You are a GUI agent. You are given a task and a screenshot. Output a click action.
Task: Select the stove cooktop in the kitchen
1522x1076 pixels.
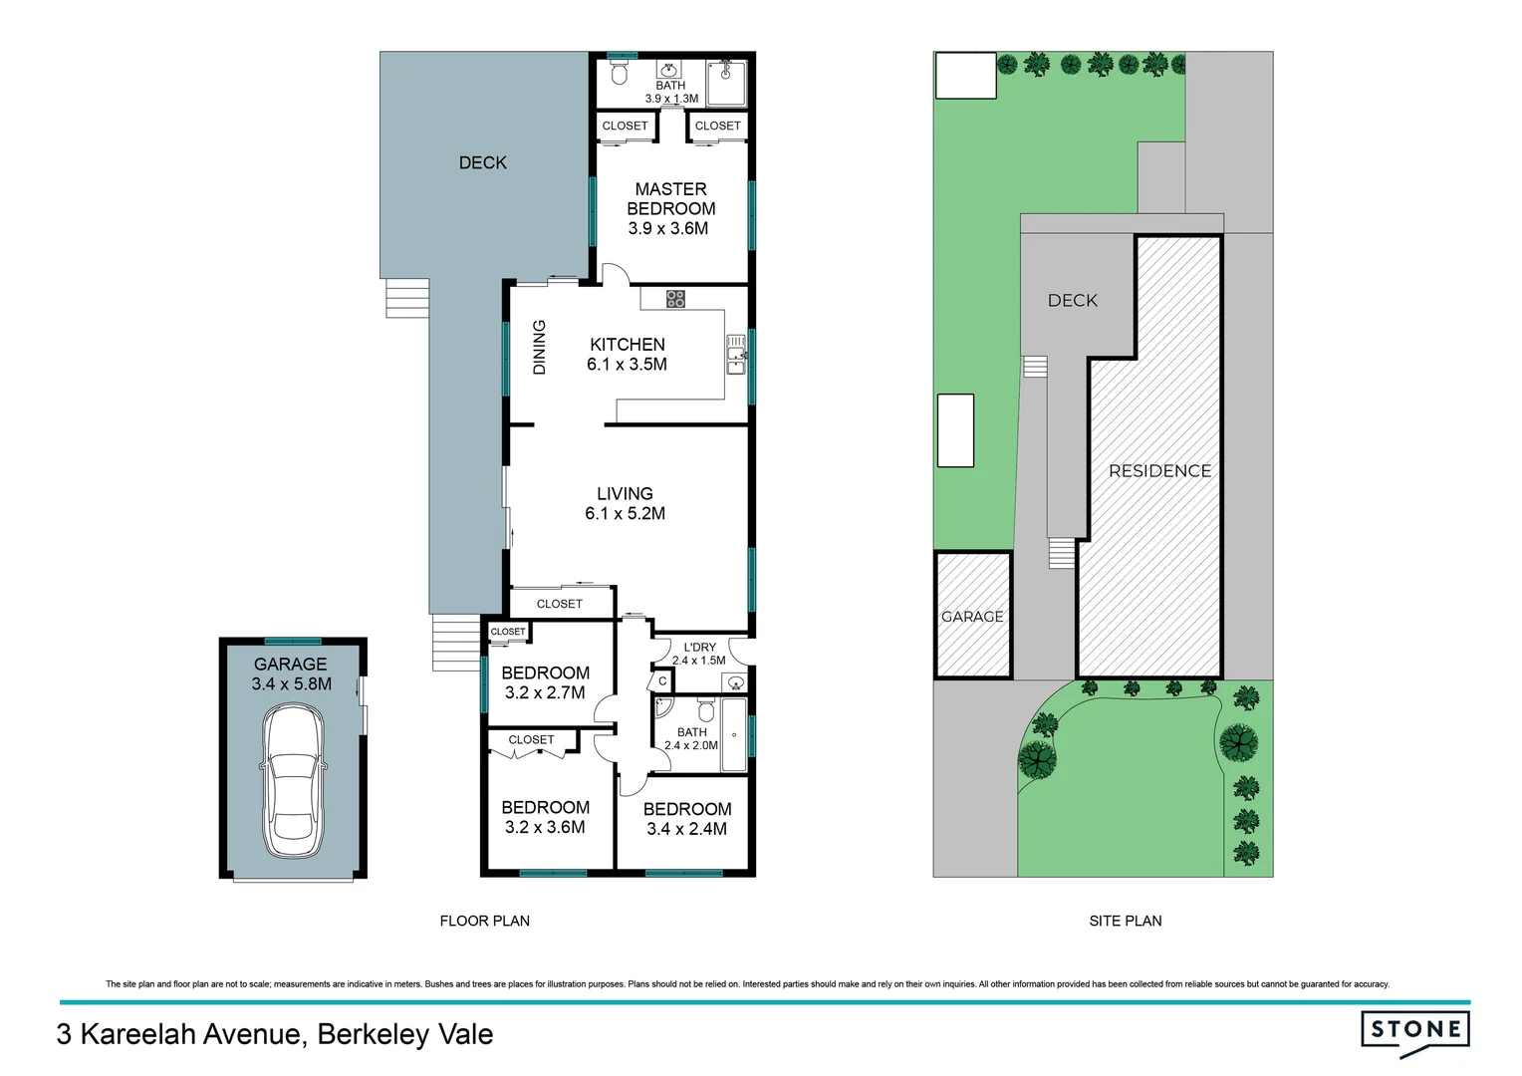pyautogui.click(x=675, y=298)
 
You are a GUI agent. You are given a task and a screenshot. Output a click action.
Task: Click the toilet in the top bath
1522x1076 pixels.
pyautogui.click(x=620, y=73)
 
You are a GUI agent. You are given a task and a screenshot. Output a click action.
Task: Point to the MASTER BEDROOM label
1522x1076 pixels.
pyautogui.click(x=670, y=208)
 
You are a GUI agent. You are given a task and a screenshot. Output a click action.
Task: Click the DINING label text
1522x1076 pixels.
pyautogui.click(x=540, y=347)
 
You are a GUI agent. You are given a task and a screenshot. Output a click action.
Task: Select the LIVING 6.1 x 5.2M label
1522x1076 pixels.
pyautogui.click(x=625, y=503)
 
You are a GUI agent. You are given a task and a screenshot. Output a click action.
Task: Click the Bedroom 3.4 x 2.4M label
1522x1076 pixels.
pyautogui.click(x=686, y=818)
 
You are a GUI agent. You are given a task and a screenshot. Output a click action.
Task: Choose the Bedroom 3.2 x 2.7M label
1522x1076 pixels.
pyautogui.click(x=545, y=682)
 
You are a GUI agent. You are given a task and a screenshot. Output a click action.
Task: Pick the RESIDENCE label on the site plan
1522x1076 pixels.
pyautogui.click(x=1159, y=470)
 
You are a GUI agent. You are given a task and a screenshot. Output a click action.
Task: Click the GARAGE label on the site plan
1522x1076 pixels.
pyautogui.click(x=972, y=617)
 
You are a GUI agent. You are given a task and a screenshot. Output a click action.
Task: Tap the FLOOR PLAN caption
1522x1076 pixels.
pyautogui.click(x=484, y=921)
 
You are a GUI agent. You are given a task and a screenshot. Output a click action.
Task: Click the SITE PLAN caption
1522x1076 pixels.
pyautogui.click(x=1125, y=921)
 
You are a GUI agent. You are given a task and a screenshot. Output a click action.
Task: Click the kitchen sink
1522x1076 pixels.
pyautogui.click(x=736, y=355)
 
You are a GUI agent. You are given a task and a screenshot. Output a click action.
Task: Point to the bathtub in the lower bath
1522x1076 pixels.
pyautogui.click(x=734, y=735)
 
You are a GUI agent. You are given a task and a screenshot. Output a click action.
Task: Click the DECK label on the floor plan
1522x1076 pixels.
pyautogui.click(x=483, y=162)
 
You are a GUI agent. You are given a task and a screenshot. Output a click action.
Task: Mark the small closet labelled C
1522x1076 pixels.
pyautogui.click(x=662, y=681)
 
